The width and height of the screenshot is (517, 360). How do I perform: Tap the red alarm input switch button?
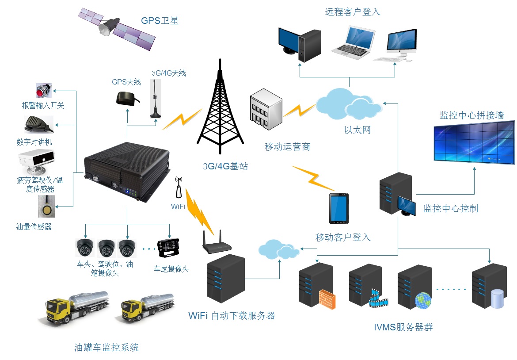(43, 91)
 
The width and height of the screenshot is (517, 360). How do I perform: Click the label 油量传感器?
(34, 227)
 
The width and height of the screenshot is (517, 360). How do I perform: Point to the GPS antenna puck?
(125, 98)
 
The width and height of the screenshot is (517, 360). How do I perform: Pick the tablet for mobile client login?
(338, 209)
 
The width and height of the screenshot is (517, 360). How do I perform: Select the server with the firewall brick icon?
(317, 286)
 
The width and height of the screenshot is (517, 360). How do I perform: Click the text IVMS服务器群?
(403, 328)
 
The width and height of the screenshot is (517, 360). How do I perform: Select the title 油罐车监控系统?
(106, 347)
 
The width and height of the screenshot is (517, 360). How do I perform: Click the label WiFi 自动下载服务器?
(232, 316)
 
